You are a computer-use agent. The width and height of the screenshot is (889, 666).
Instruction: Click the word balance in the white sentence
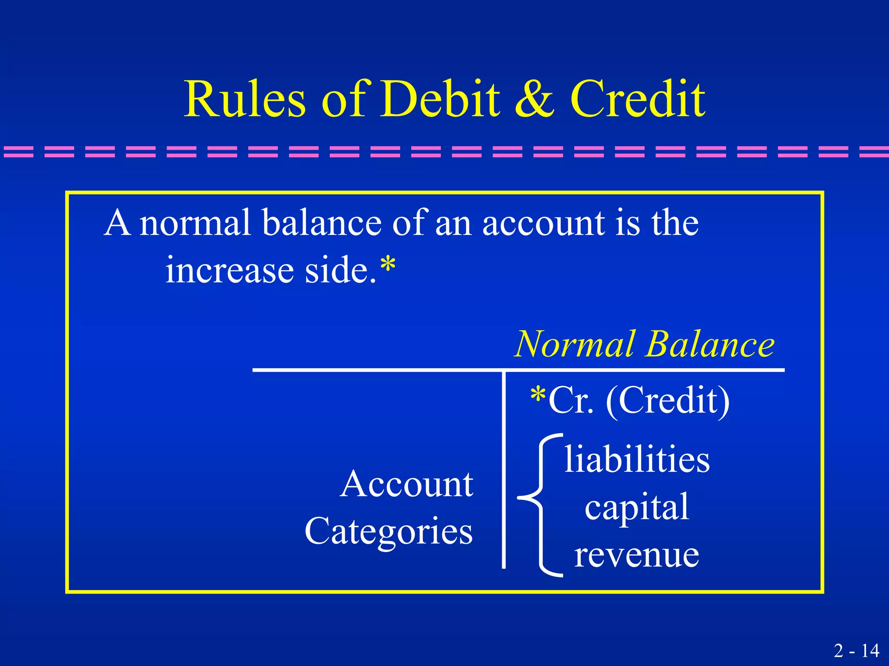click(322, 223)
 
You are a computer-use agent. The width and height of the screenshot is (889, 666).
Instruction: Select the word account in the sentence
click(544, 223)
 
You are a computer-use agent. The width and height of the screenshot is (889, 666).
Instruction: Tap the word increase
click(230, 270)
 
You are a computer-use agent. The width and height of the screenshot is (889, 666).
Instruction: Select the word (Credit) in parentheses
click(668, 401)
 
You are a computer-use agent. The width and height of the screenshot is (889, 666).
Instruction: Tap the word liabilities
click(637, 459)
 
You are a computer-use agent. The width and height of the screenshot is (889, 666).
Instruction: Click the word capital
click(637, 508)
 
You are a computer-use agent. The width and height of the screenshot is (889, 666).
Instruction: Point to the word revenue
click(637, 555)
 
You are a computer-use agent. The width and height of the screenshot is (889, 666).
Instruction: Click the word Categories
click(389, 532)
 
